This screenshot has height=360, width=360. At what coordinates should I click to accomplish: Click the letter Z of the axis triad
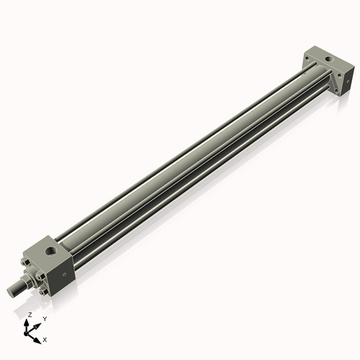[29, 315]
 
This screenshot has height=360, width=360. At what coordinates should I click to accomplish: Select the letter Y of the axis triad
[44, 318]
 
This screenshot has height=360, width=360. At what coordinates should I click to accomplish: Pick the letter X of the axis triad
[45, 338]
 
